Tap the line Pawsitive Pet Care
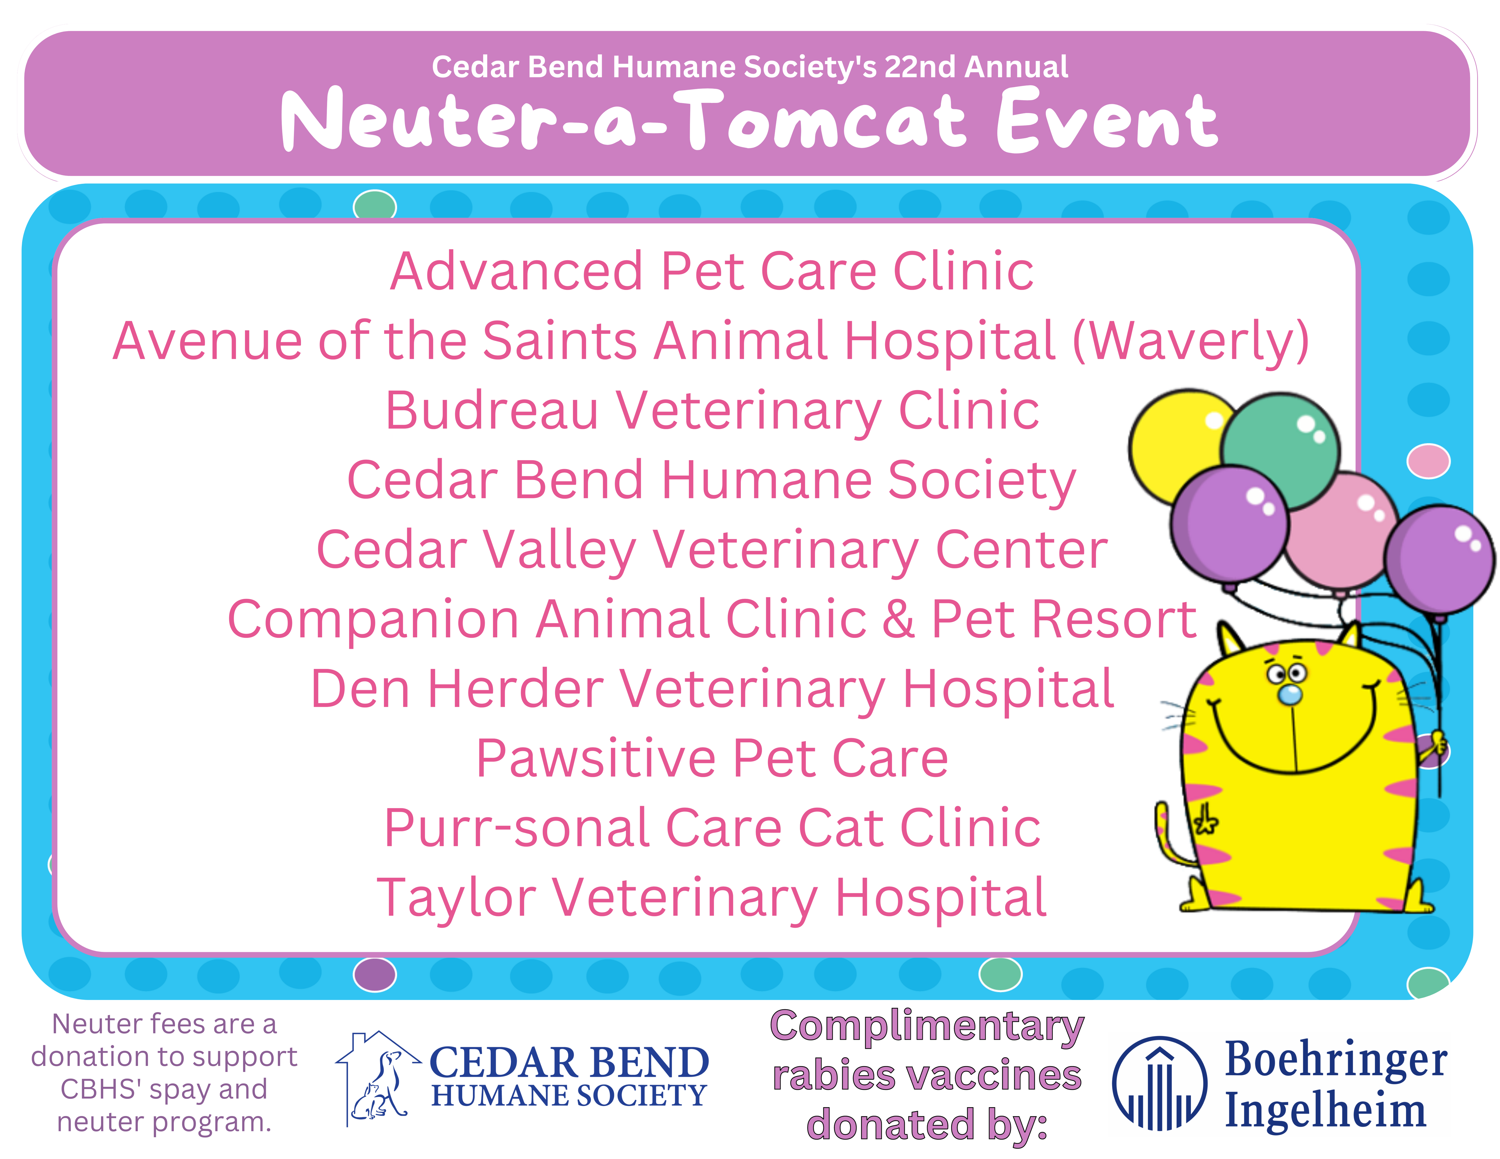[712, 758]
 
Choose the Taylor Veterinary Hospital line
[712, 897]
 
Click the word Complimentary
[927, 1026]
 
